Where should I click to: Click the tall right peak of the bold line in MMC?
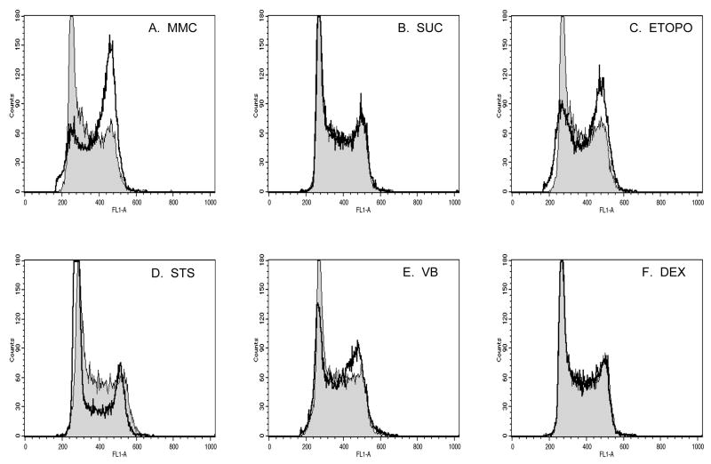[110, 38]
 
